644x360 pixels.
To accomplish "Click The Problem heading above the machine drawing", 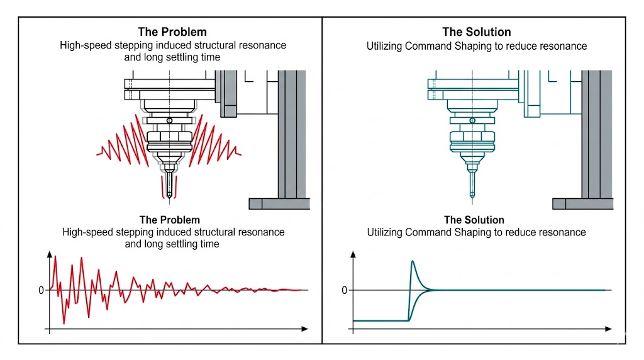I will [x=172, y=31].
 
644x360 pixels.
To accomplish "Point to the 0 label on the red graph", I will [x=41, y=290].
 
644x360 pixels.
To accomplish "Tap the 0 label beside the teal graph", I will [x=344, y=290].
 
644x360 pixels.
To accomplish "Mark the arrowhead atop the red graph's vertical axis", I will [x=49, y=254].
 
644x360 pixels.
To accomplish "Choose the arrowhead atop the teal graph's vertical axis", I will [x=353, y=254].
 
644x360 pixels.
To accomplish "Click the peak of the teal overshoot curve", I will [x=413, y=261].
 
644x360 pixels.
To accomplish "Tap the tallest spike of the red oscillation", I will [x=56, y=256].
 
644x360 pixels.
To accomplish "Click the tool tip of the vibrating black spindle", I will [x=169, y=196].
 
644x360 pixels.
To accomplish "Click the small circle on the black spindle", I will [x=169, y=121].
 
